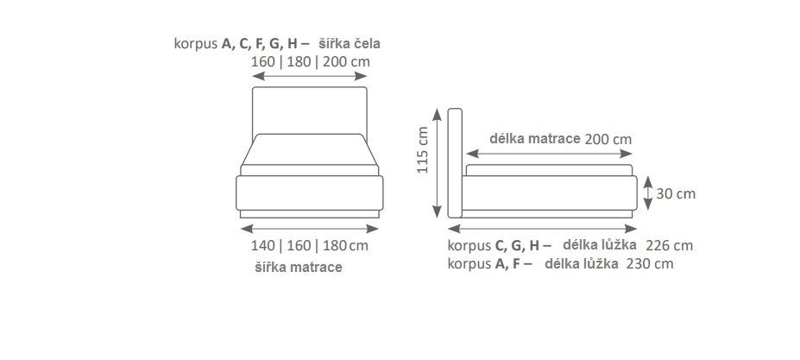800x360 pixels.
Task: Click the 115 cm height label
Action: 423,151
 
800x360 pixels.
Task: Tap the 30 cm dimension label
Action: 676,193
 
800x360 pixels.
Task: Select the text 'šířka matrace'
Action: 299,268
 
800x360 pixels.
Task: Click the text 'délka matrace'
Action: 534,138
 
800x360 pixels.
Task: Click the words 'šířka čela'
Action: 350,42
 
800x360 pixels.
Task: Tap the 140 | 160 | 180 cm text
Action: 309,245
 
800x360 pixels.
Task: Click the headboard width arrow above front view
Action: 309,78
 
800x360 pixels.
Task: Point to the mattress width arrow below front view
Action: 309,229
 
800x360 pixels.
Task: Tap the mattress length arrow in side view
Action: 549,154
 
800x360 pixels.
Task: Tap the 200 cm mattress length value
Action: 608,138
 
